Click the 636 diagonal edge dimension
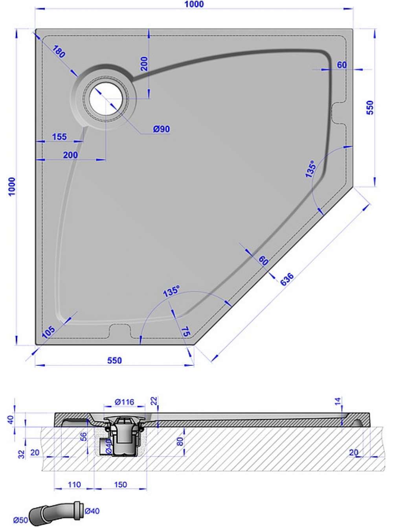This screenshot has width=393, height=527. (287, 279)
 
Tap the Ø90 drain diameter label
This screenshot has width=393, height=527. (162, 129)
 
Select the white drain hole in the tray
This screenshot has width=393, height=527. (106, 99)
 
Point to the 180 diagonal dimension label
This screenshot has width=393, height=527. (59, 52)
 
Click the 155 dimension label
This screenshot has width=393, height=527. (59, 137)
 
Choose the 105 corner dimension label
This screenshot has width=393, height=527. (48, 333)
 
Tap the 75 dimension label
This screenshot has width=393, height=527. (185, 332)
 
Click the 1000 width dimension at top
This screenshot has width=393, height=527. (195, 4)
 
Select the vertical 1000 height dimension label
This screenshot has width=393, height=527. (12, 187)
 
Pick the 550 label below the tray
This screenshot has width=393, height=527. (114, 361)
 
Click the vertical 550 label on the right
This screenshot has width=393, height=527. (370, 107)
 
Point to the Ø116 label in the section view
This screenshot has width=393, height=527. (124, 402)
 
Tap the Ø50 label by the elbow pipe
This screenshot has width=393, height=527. (21, 520)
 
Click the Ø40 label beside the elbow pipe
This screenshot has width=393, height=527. (92, 511)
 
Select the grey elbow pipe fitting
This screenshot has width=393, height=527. (56, 513)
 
